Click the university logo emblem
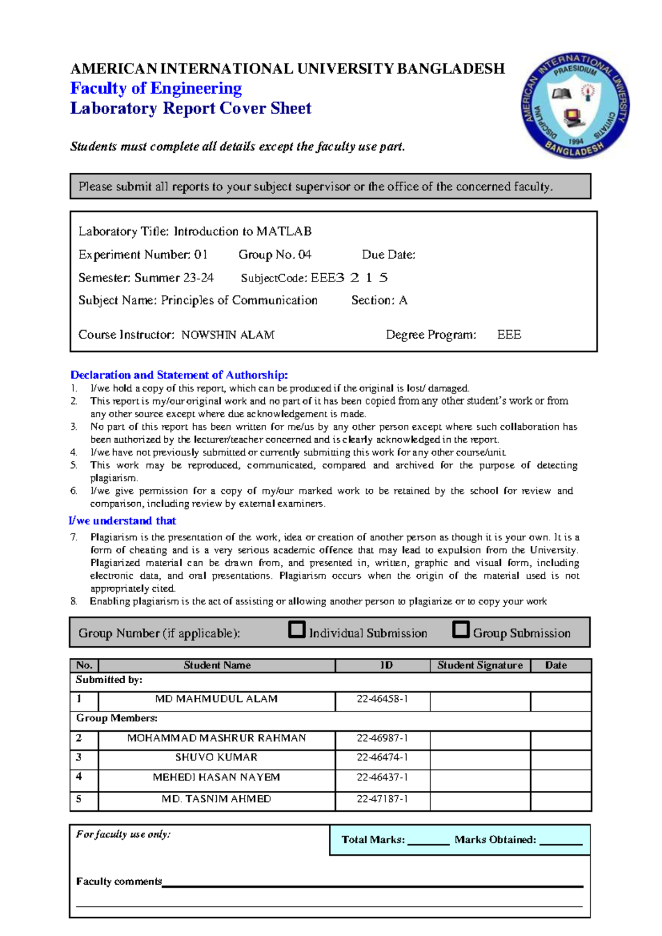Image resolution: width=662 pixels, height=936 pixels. tap(575, 105)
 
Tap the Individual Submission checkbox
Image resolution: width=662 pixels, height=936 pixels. tap(297, 630)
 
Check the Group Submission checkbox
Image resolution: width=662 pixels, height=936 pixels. tap(461, 630)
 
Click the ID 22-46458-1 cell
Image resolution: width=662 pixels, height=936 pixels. tap(382, 699)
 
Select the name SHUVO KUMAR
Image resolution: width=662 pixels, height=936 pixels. tap(216, 758)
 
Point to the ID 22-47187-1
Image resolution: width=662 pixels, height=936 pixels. tap(382, 799)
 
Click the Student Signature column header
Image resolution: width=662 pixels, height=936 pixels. tap(480, 666)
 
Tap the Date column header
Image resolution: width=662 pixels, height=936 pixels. tap(556, 666)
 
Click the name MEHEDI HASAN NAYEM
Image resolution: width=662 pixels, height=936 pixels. tap(216, 778)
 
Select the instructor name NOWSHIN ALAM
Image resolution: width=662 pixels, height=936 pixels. tap(228, 335)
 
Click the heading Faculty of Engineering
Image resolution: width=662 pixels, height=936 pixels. tap(156, 88)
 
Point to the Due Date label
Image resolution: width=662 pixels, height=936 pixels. tap(388, 255)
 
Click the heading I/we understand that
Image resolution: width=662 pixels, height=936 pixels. tap(122, 521)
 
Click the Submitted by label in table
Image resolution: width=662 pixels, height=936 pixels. tap(109, 680)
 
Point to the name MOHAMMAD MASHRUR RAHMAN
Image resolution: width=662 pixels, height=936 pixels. tap(216, 738)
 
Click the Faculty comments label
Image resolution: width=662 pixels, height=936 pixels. tap(119, 882)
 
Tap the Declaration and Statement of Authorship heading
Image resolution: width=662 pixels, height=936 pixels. tap(179, 375)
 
